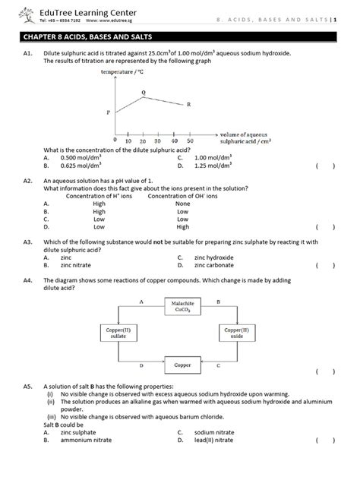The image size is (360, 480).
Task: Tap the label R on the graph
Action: tap(188, 104)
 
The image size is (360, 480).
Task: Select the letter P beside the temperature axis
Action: tap(108, 112)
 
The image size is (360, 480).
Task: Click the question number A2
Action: tap(28, 182)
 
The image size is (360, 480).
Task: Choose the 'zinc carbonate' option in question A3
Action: tap(215, 266)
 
